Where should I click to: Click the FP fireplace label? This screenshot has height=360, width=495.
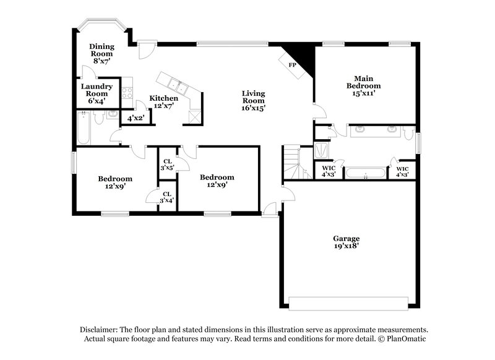coord(292,64)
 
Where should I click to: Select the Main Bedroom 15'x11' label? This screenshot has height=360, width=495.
coord(363,86)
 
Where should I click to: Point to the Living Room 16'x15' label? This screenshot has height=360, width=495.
coord(253,101)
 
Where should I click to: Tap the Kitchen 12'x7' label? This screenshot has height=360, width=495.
coord(164,103)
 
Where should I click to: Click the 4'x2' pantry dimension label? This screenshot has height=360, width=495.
coord(135,117)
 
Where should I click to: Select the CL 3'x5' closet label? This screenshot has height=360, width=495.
coord(167,165)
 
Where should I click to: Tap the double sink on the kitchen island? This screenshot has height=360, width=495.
coord(175,85)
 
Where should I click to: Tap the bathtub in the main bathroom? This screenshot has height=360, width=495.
coord(366,173)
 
